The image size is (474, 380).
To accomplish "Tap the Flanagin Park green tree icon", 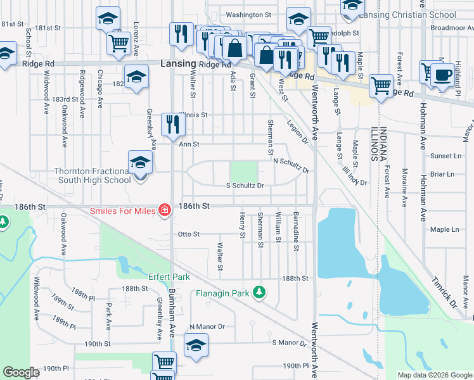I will (259, 292).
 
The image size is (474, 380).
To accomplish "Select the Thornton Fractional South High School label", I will (93, 175).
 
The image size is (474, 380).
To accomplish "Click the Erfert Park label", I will (169, 277).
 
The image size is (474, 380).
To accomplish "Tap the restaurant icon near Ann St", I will (171, 125).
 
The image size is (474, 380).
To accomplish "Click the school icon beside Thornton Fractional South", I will (140, 163).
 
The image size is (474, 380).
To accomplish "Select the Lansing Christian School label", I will (407, 14).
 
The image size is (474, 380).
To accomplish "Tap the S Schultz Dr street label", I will (245, 186).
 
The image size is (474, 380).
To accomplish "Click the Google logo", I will (22, 373).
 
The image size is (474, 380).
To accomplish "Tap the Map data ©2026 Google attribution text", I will (434, 375).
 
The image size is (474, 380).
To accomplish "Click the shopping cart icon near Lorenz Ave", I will (118, 43).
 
